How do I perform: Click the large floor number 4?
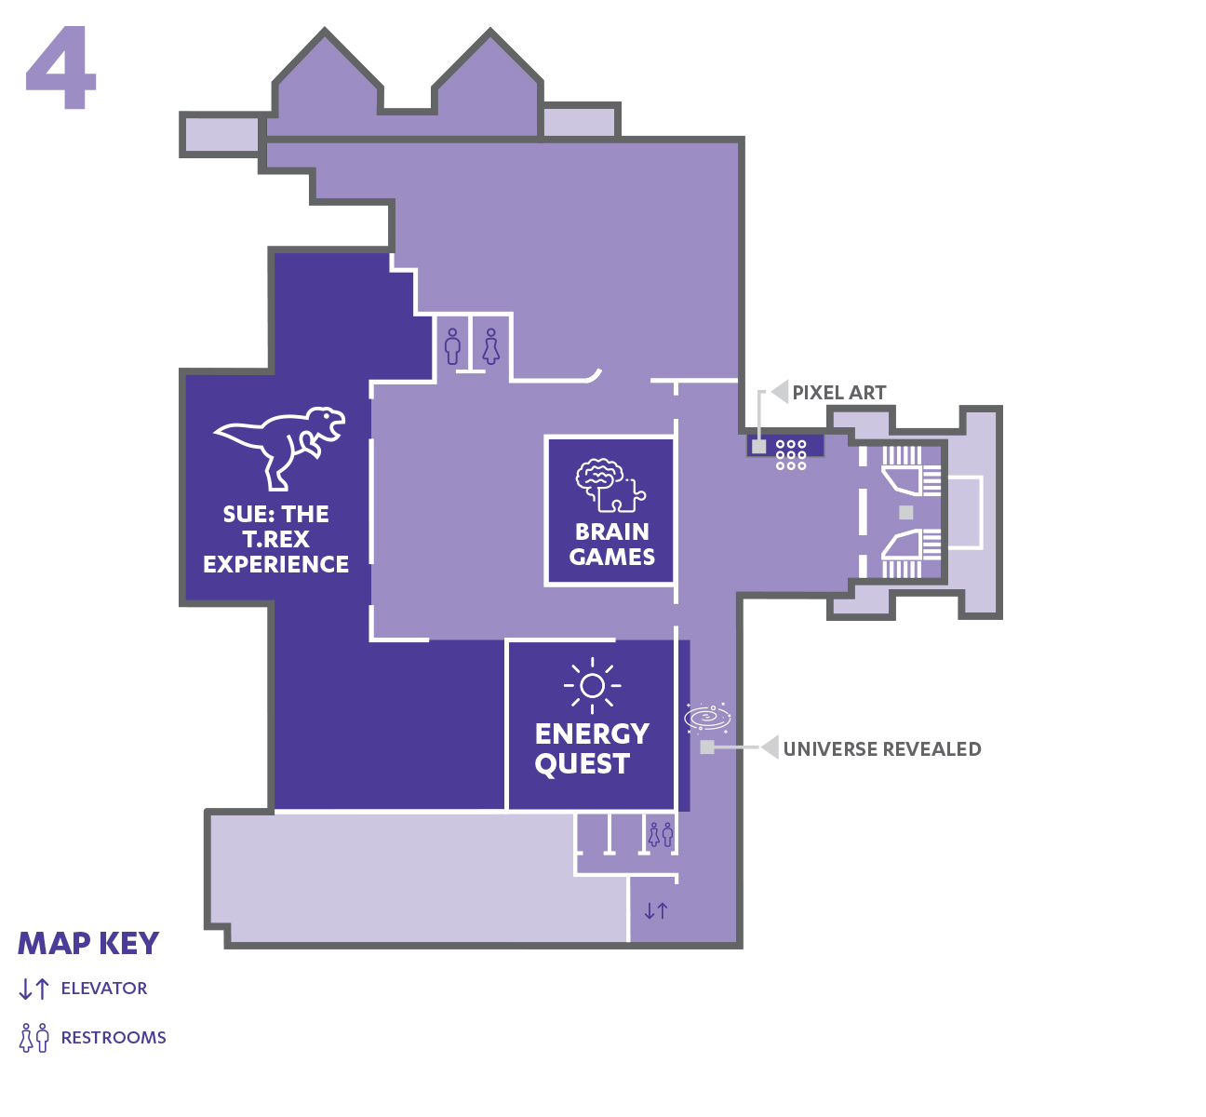coord(60,67)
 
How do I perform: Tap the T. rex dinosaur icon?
coord(279,448)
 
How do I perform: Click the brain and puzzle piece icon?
coord(610,485)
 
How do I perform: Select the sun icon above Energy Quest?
coord(592,685)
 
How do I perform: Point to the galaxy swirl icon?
coord(707,717)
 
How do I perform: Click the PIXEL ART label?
coord(839,393)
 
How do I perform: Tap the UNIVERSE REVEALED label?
coord(882,748)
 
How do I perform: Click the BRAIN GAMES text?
coord(612,544)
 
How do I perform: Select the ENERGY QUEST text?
coord(592,748)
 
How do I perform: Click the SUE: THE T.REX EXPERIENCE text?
coord(276,539)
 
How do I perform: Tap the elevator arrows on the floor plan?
coord(656,911)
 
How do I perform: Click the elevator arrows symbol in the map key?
coord(34,989)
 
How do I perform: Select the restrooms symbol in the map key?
coord(34,1037)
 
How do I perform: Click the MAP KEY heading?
coord(88,944)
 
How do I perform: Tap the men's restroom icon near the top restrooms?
coord(452,346)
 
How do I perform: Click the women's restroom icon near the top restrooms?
coord(491,346)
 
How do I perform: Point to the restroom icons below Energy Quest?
coord(661,834)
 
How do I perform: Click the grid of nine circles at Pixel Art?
coord(791,455)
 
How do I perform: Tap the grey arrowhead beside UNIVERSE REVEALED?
coord(770,747)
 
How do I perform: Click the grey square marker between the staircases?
coord(906,512)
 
